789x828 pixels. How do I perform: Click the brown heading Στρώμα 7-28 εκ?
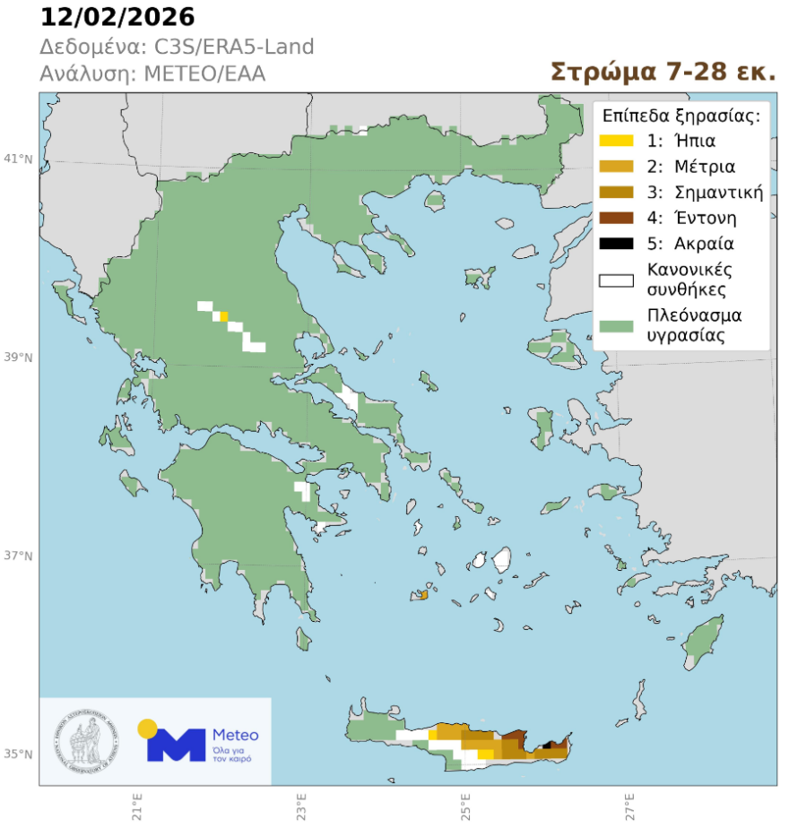tap(663, 72)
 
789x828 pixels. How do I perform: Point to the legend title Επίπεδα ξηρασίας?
tap(681, 115)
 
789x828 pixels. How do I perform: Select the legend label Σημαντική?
tap(704, 192)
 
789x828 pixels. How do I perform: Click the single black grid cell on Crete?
tap(548, 745)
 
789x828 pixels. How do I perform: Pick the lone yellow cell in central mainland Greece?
tap(224, 315)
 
